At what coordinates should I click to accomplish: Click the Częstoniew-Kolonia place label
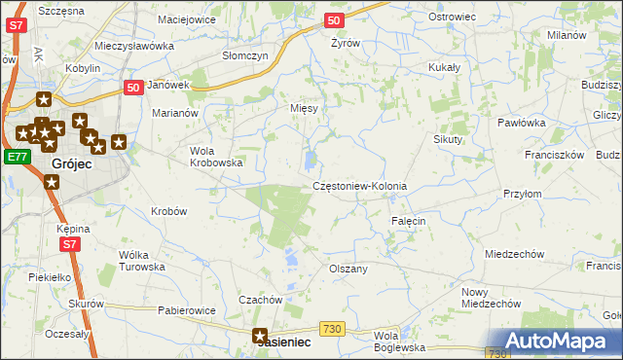(x=359, y=186)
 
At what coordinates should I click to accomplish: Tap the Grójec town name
(x=71, y=164)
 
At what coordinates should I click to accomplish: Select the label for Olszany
(x=348, y=269)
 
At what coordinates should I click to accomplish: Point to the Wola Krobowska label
(x=215, y=157)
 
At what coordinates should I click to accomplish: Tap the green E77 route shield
(x=17, y=157)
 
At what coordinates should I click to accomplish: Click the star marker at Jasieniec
(x=261, y=337)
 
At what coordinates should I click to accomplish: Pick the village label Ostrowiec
(x=451, y=18)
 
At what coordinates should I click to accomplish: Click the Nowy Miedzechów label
(x=489, y=298)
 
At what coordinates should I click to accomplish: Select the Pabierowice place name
(x=186, y=310)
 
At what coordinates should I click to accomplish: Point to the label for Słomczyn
(x=244, y=56)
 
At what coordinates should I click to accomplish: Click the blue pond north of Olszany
(x=291, y=259)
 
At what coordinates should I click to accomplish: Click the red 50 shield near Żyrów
(x=334, y=19)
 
